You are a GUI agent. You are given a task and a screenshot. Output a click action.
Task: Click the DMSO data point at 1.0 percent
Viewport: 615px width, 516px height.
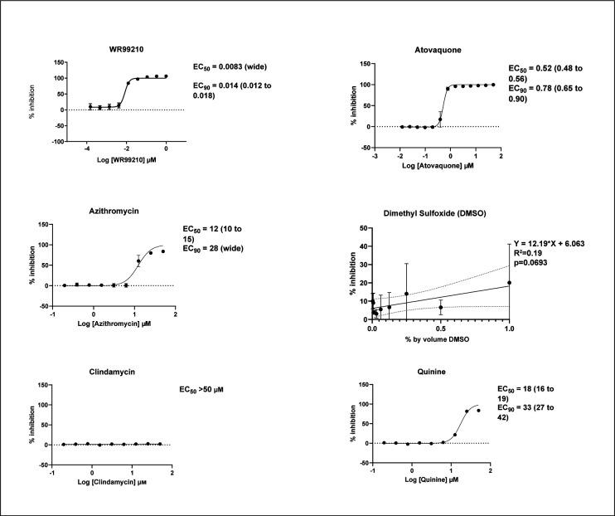509,282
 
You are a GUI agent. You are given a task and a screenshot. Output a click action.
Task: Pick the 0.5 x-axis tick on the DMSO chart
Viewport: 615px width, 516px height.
440,328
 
